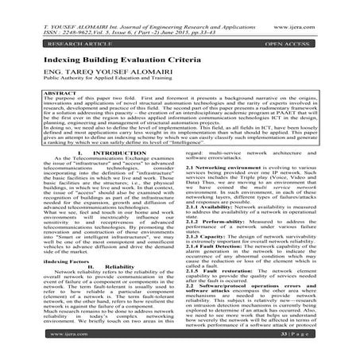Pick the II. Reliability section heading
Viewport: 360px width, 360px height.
(100, 265)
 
